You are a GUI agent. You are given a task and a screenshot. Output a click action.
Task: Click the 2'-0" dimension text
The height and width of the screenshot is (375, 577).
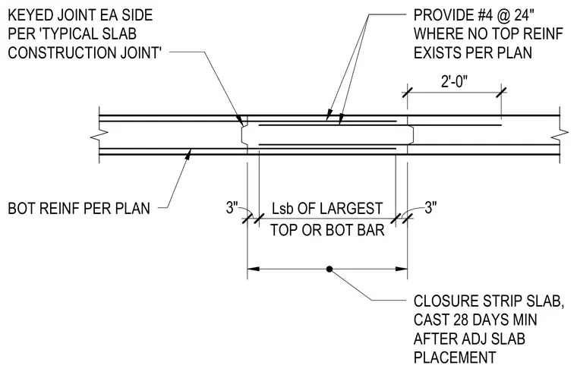click(x=455, y=82)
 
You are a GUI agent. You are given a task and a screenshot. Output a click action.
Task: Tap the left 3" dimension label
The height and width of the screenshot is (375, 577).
click(x=232, y=207)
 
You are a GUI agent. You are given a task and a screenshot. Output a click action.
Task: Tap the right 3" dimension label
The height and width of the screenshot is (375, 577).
click(x=431, y=207)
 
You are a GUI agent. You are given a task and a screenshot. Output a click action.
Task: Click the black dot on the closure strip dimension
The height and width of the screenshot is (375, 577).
click(x=329, y=269)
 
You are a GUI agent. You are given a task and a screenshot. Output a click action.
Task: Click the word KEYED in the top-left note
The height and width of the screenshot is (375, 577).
click(x=29, y=15)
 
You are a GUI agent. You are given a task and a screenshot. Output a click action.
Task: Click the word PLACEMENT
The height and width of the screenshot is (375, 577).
click(x=455, y=358)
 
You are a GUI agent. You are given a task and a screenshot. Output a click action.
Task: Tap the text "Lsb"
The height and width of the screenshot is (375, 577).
click(x=282, y=208)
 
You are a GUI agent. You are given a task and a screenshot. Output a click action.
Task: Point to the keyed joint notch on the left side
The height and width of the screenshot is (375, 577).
click(x=244, y=134)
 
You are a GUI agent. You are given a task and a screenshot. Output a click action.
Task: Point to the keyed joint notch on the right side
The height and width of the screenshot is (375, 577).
click(x=411, y=134)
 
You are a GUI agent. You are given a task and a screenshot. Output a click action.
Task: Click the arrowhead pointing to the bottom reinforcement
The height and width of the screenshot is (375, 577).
click(x=188, y=154)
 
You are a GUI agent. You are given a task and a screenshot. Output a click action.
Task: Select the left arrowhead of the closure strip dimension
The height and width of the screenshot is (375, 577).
click(x=253, y=269)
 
